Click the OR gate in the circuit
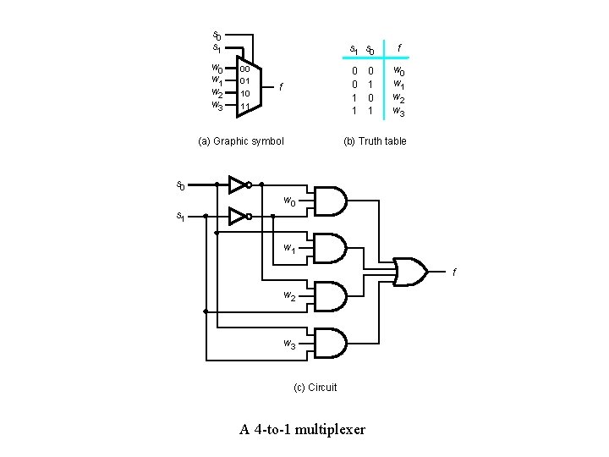click(x=412, y=271)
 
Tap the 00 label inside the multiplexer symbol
click(x=244, y=69)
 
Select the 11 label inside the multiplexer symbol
click(x=244, y=107)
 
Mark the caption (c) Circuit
click(x=315, y=388)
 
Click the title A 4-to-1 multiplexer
click(x=303, y=430)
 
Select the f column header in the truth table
click(x=400, y=48)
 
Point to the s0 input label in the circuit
click(x=181, y=184)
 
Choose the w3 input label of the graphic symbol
click(x=217, y=106)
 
